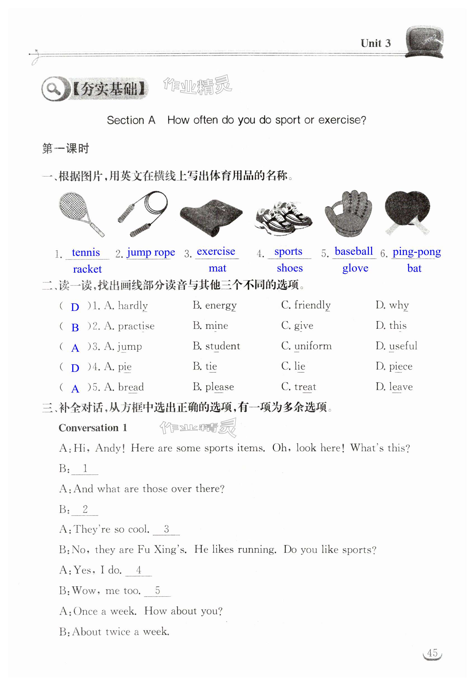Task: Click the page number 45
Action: tap(432, 653)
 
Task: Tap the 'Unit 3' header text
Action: tap(376, 43)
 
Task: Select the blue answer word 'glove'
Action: tap(355, 268)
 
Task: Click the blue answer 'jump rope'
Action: tap(151, 252)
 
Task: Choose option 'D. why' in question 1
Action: tap(392, 305)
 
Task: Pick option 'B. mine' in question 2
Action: tap(210, 326)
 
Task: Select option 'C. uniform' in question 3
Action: tap(306, 346)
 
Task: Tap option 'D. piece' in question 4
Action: tap(394, 367)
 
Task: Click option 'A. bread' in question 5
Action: tap(124, 387)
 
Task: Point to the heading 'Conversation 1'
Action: tap(93, 428)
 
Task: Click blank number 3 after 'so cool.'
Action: tap(166, 529)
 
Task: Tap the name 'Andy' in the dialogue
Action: tap(109, 448)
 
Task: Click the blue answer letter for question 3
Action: tap(75, 348)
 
